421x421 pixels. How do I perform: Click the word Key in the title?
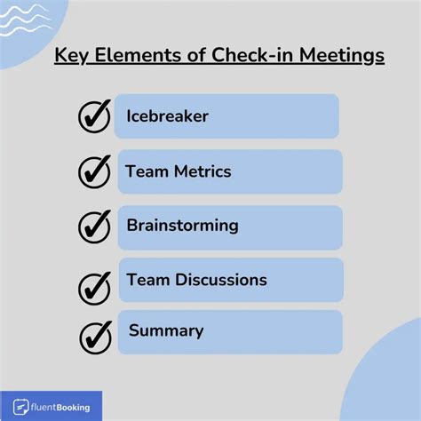click(x=71, y=56)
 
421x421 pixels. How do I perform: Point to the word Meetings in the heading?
click(x=342, y=56)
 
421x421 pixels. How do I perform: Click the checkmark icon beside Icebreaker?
click(x=94, y=116)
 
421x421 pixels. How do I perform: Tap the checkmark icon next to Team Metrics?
click(x=94, y=172)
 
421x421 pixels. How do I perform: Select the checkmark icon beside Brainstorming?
click(x=94, y=227)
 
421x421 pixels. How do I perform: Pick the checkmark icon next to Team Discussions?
click(x=94, y=289)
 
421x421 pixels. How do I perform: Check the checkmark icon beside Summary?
click(x=96, y=338)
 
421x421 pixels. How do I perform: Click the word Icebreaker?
click(x=168, y=115)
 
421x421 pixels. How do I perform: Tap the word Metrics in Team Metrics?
click(x=203, y=171)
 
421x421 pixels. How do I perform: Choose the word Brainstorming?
click(x=183, y=226)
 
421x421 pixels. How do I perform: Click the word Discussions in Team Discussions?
click(x=221, y=280)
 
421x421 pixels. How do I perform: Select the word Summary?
click(x=166, y=331)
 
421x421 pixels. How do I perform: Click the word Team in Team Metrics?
click(x=147, y=171)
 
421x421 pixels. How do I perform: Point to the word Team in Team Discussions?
click(x=148, y=280)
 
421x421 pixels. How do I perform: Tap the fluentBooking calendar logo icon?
click(x=20, y=407)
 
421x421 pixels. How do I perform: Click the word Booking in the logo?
click(x=73, y=408)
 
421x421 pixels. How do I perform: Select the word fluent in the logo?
click(x=44, y=408)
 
